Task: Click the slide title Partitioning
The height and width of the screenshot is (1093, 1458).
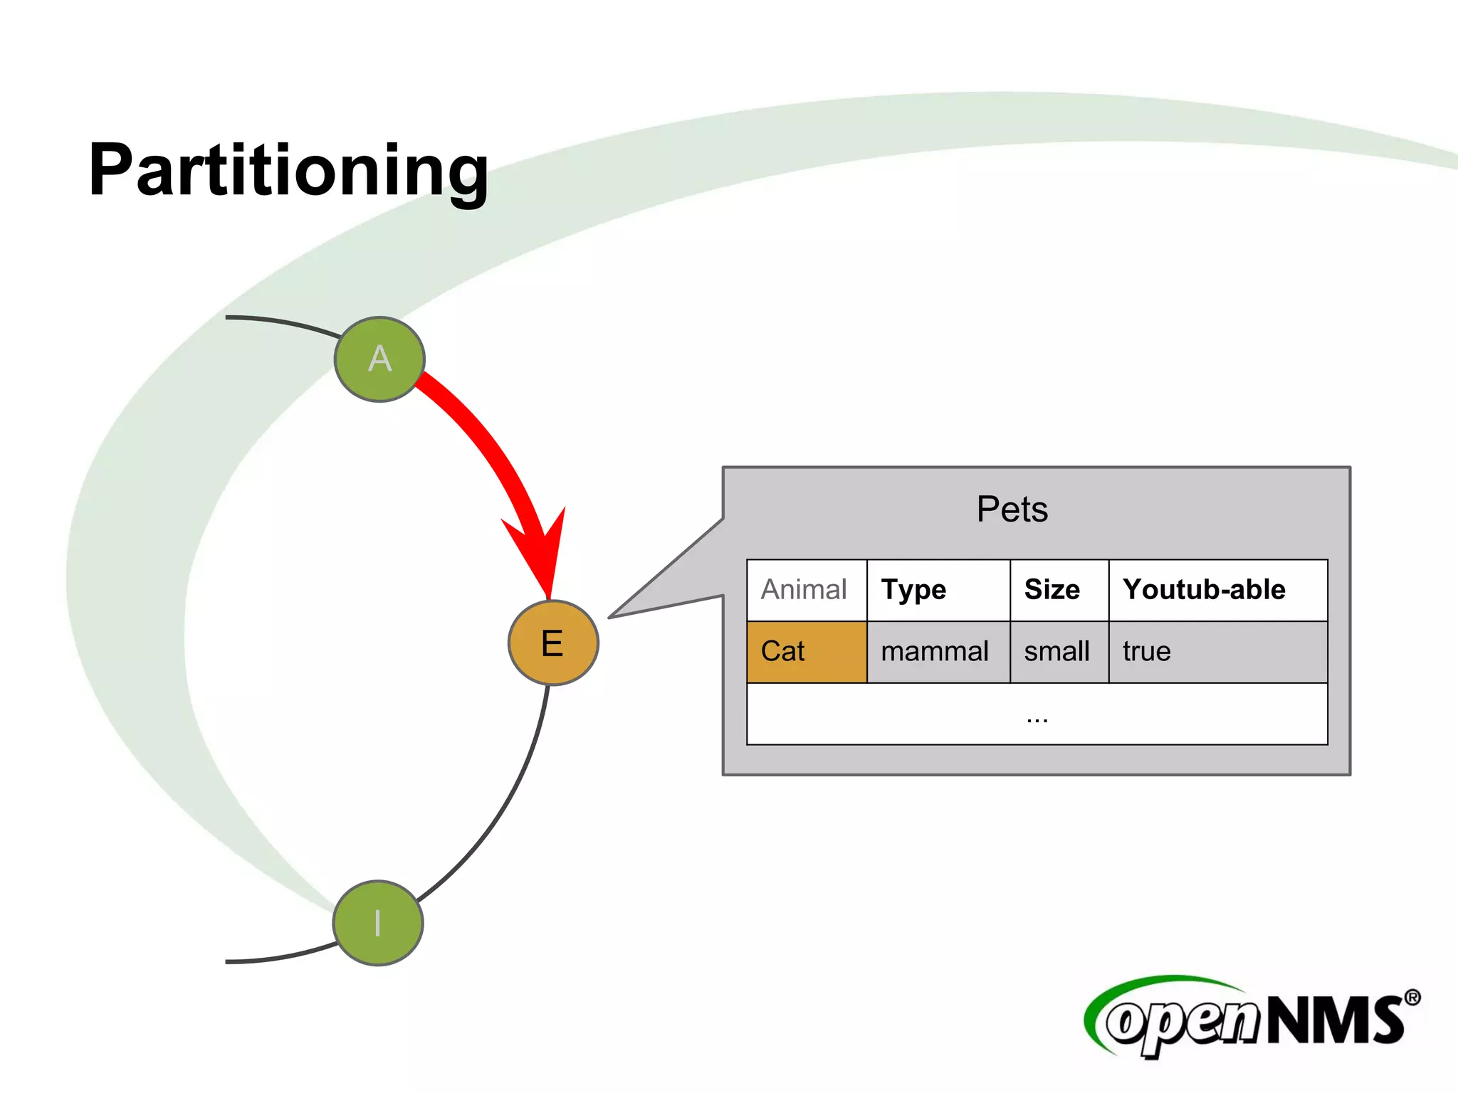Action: point(288,171)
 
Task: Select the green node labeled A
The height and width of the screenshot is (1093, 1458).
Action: point(379,359)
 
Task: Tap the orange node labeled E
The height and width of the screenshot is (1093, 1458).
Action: point(553,643)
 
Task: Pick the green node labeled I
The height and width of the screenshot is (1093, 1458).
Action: point(378,923)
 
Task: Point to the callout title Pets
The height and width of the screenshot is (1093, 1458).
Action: point(1012,509)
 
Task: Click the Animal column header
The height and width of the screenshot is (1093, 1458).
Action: point(804,590)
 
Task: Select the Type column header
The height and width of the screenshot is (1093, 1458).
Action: point(914,590)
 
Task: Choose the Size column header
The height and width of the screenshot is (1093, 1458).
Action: point(1051,590)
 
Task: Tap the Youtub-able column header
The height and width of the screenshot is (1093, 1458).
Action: point(1204,590)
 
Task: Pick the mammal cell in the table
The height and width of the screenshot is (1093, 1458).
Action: point(935,652)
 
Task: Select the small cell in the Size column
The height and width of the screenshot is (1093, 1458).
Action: point(1056,652)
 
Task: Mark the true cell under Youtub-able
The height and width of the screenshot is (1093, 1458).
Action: point(1146,652)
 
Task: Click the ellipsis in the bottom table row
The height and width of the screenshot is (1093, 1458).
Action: point(1037,719)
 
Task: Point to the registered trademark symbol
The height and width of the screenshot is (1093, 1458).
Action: point(1412,998)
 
